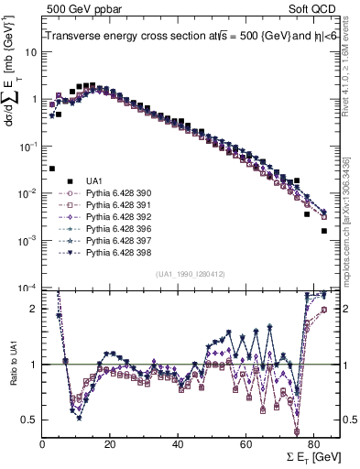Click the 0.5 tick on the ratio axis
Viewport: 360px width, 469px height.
coord(32,420)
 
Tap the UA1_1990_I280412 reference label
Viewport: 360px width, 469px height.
coord(190,273)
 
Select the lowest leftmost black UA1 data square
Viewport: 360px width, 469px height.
coord(52,169)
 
